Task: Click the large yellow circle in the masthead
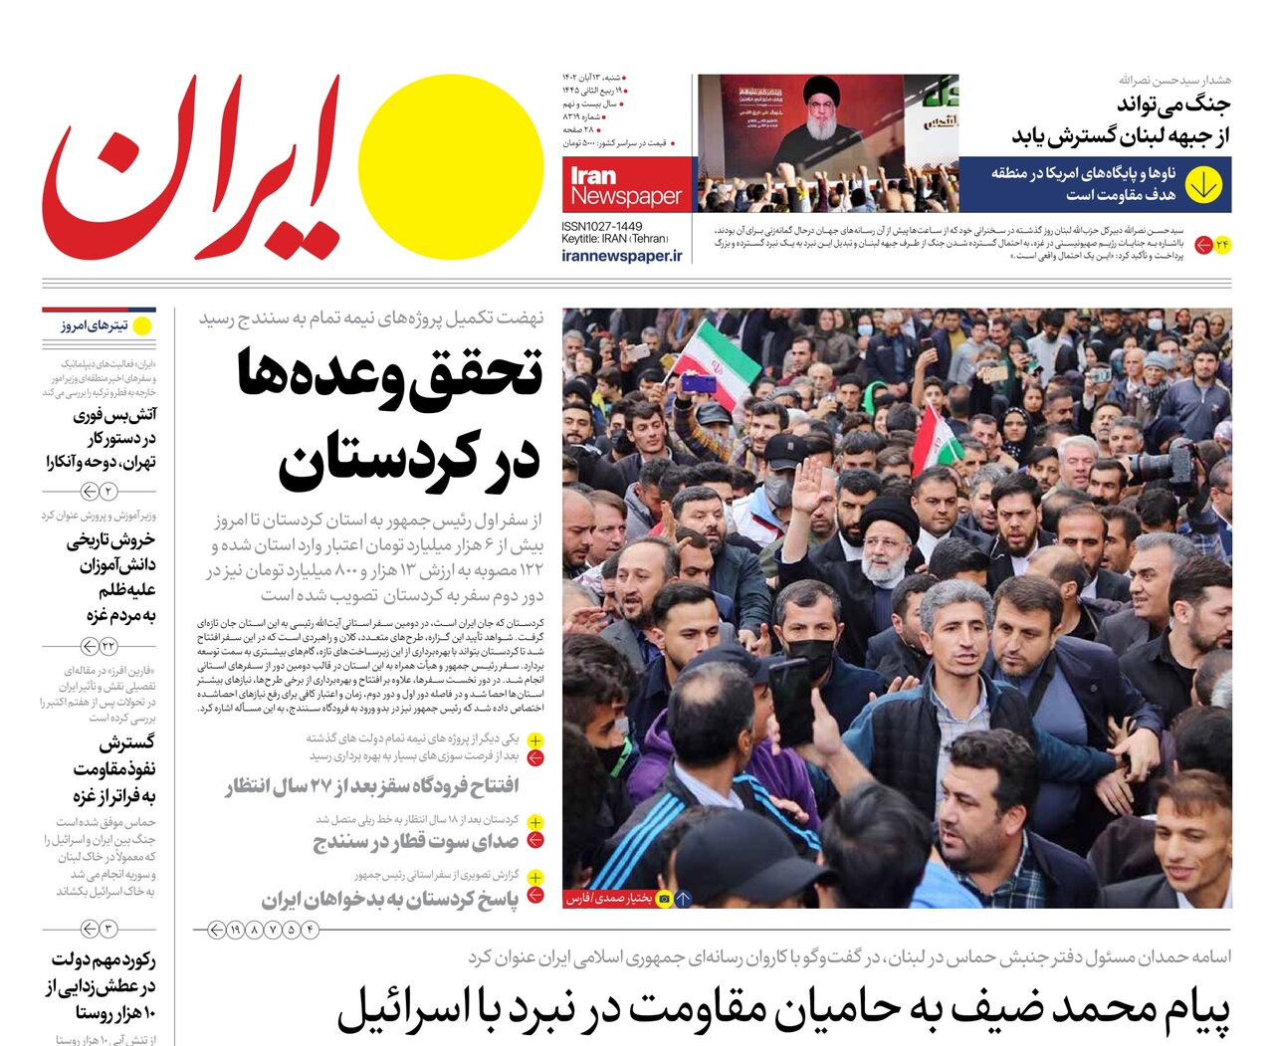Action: pos(451,167)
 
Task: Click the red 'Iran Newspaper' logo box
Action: pos(628,184)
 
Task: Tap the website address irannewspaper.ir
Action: pos(623,256)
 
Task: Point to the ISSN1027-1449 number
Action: pos(602,227)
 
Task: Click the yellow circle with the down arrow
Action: pos(1203,184)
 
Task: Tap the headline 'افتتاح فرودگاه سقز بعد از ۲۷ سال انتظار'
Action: pos(371,787)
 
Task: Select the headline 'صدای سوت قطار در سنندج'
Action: pos(416,842)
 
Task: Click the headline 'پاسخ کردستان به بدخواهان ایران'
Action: pos(390,900)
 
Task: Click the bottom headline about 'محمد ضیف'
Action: pos(783,1008)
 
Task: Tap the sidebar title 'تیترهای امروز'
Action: pos(95,325)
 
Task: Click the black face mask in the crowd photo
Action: pos(811,658)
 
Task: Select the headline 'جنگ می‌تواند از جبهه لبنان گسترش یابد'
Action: pos(1121,119)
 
